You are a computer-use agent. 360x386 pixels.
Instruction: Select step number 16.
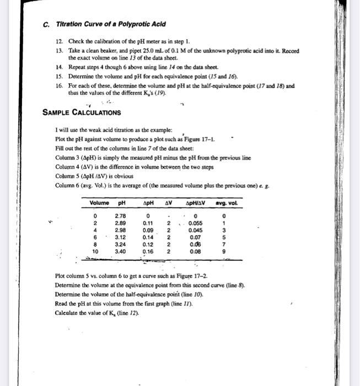point(59,86)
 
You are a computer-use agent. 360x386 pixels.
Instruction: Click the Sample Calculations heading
point(82,112)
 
